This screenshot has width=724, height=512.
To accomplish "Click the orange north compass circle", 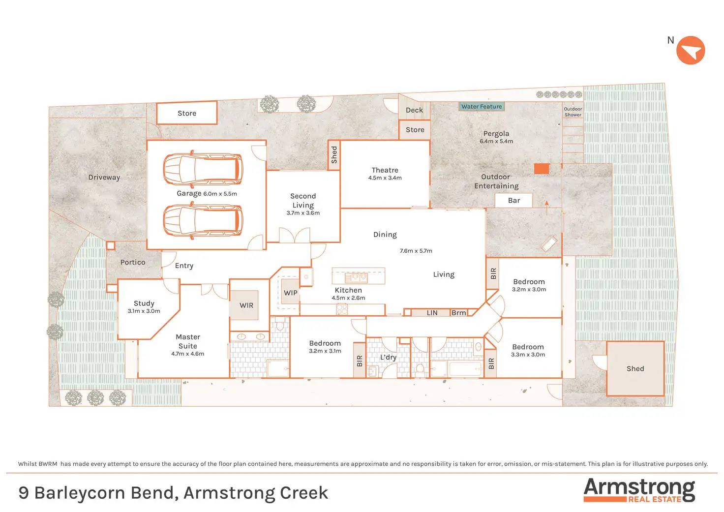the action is pos(691,50).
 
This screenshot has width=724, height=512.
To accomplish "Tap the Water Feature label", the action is pos(481,106).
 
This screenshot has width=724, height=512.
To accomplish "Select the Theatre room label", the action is pos(385,170).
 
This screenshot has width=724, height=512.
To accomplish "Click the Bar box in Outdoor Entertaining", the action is pos(513,200).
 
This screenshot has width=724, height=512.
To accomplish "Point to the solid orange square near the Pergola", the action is pos(542,168).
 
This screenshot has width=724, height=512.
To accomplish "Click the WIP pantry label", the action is pos(290,293).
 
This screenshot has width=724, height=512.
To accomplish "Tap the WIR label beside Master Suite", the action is pos(246,305).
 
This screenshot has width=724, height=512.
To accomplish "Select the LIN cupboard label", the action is pos(432,313).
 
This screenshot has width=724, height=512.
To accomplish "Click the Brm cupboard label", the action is pos(458,313).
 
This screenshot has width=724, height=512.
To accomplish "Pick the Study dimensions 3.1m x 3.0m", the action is pos(144,311).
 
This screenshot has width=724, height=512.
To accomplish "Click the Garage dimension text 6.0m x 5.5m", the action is pos(220,194).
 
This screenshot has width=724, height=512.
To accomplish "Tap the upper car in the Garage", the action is pos(203,169).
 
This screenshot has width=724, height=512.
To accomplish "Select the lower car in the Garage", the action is pos(203,220).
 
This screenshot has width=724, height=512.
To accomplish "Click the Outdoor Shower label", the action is pos(573,112).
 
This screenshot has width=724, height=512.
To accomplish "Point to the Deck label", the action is pos(414,110).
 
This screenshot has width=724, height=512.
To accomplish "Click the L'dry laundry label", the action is pos(388,357).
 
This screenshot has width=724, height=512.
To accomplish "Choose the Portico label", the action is pos(132,262).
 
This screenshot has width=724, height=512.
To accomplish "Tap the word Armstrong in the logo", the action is pos(639,488).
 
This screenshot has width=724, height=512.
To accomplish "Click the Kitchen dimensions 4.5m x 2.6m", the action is pos(348,298).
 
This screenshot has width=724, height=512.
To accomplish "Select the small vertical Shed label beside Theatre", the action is pos(334,155).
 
